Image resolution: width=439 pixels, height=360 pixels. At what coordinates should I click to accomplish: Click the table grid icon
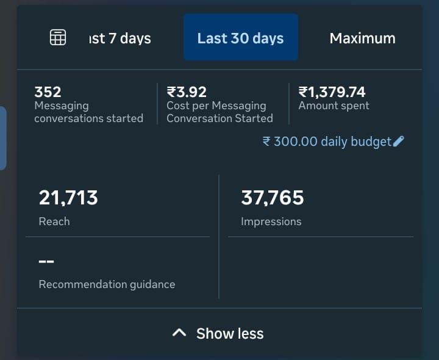[x=57, y=37]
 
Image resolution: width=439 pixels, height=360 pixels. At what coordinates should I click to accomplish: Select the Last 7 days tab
[x=120, y=38]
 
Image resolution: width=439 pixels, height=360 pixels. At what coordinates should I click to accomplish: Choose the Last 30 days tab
[x=240, y=38]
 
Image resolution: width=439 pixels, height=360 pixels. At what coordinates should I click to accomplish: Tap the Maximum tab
[x=362, y=38]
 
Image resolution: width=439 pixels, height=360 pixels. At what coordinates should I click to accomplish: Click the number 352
[x=48, y=92]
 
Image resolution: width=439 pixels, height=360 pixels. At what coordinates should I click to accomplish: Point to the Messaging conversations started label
[x=88, y=112]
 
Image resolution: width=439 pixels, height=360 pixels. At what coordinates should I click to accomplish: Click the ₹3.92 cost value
[x=187, y=92]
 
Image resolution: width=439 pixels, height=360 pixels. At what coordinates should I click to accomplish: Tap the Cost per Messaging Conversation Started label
[x=220, y=112]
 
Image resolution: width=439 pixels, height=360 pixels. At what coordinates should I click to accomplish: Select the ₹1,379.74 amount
[x=332, y=92]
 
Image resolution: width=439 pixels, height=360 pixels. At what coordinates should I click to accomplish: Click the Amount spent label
[x=334, y=106]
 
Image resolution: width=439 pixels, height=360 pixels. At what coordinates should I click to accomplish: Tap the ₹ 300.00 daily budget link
[x=327, y=142]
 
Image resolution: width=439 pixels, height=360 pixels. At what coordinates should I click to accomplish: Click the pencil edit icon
[x=399, y=142]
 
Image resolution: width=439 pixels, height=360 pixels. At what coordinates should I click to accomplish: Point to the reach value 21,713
[x=68, y=198]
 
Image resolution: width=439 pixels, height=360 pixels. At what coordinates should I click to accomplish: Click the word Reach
[x=54, y=221]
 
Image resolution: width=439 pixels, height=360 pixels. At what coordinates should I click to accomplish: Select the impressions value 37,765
[x=272, y=198]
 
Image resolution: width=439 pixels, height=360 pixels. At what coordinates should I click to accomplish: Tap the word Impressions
[x=271, y=221]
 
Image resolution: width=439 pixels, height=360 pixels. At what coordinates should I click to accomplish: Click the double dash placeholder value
[x=46, y=262]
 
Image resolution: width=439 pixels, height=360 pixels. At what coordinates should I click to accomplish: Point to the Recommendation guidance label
[x=107, y=284]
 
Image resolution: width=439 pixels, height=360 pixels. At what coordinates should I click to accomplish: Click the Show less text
[x=230, y=334]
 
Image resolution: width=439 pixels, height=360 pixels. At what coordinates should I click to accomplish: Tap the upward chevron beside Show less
[x=179, y=333]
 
